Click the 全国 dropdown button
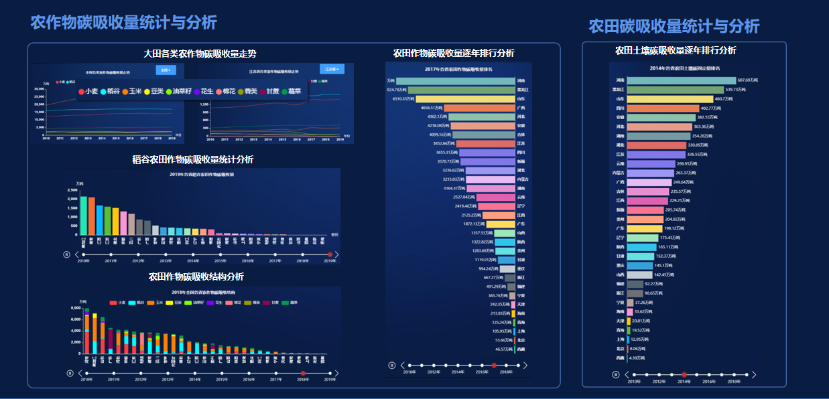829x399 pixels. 166,70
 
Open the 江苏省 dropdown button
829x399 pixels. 331,69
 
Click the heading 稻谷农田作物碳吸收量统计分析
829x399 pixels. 192,159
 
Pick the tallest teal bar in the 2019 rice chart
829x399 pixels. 84,215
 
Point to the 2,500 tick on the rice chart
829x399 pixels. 72,190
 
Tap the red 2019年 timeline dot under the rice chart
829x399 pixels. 330,254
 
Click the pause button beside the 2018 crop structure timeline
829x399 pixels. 69,373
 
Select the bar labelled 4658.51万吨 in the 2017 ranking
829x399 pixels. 479,107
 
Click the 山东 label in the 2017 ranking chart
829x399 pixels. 521,98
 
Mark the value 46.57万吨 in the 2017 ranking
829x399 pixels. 504,349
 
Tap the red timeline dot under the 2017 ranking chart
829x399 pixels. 494,365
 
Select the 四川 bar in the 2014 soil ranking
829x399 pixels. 663,108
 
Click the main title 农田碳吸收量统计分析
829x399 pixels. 674,26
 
